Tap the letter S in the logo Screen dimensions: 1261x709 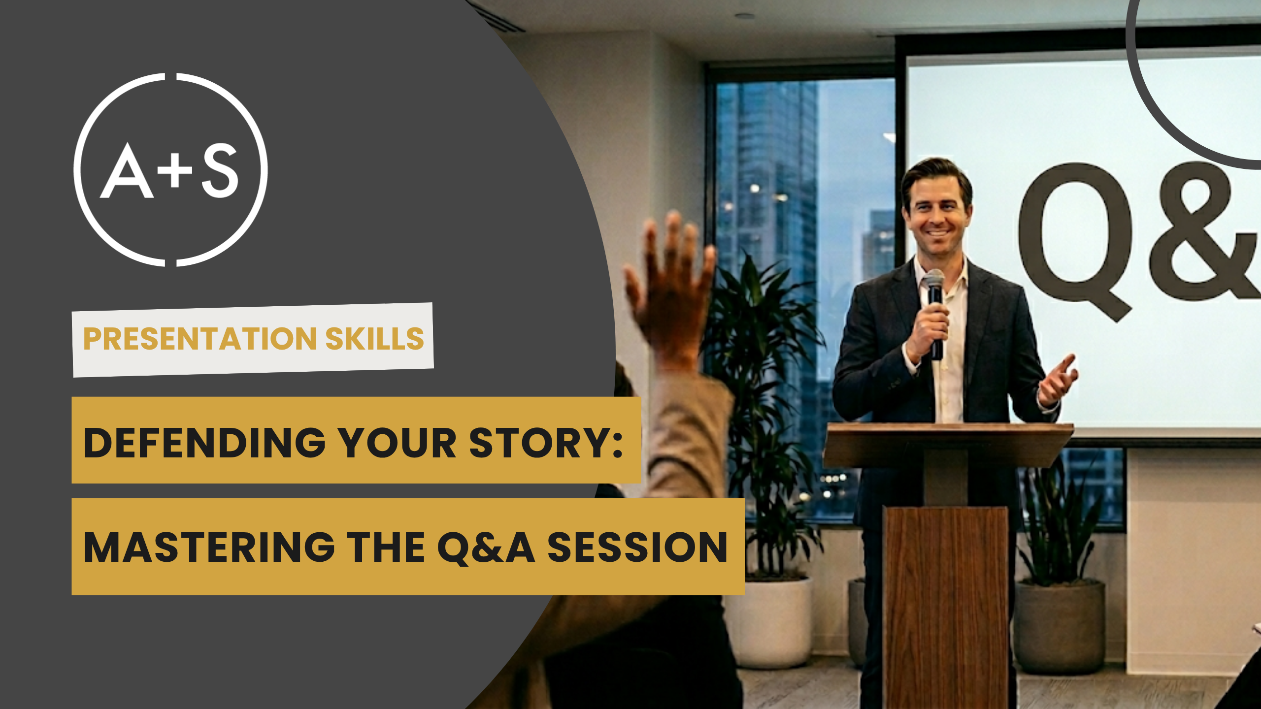pos(220,170)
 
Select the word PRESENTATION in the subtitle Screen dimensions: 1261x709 pos(200,339)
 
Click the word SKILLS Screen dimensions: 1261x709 pos(374,339)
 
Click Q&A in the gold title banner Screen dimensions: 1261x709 pos(486,548)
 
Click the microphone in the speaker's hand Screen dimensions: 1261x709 pos(934,312)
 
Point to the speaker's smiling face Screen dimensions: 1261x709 pos(936,211)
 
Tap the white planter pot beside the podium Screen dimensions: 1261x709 pos(768,622)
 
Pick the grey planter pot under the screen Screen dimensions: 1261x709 pos(1059,627)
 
